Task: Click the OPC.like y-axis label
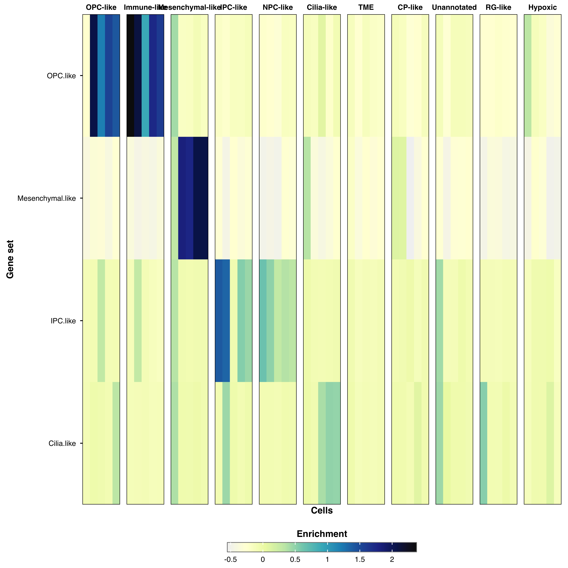(61, 76)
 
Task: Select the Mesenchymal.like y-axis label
(46, 198)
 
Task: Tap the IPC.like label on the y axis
(63, 321)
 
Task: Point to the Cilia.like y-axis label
(62, 443)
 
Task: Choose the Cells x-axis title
(322, 511)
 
